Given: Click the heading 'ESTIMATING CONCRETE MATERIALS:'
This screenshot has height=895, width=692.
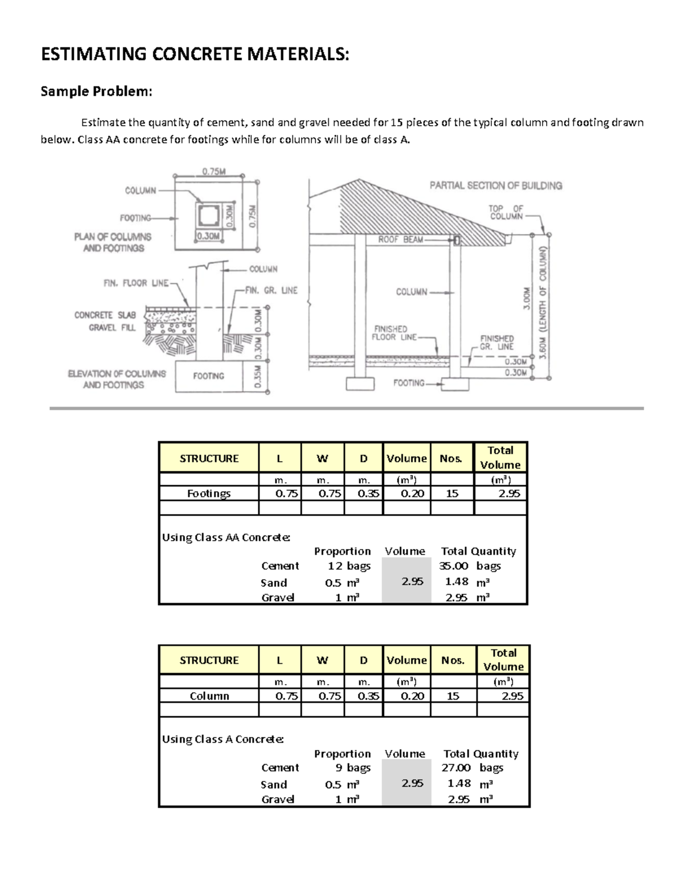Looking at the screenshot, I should (x=195, y=54).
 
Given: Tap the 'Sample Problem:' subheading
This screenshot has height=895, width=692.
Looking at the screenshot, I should (x=96, y=91).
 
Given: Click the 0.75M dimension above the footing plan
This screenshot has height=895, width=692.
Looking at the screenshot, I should (x=214, y=171).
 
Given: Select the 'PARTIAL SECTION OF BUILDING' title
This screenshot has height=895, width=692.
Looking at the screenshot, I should (x=495, y=186).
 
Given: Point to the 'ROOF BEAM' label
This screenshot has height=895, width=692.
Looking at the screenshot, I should (x=400, y=239).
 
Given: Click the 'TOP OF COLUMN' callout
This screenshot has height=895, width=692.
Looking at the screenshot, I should (x=506, y=212).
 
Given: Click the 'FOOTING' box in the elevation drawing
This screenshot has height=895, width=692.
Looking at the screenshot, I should (x=208, y=376).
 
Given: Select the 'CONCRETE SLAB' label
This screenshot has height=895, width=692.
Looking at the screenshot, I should (x=104, y=315).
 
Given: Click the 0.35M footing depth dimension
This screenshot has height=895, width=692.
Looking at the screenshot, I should (x=258, y=378).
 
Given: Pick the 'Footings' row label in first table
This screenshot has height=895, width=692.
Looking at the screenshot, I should (x=209, y=493).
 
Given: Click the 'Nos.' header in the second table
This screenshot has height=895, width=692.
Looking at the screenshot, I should (x=453, y=660).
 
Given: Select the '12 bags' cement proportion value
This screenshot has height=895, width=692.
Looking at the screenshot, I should (x=349, y=566).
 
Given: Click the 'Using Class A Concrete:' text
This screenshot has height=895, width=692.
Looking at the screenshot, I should (x=223, y=739).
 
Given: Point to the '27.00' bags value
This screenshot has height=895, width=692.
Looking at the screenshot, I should (x=456, y=768).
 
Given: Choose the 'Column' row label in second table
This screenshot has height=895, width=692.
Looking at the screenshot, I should (x=209, y=696).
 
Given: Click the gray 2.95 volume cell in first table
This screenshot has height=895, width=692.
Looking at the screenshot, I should (x=412, y=581).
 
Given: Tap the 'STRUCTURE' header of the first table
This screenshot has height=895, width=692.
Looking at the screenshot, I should (x=209, y=459).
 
